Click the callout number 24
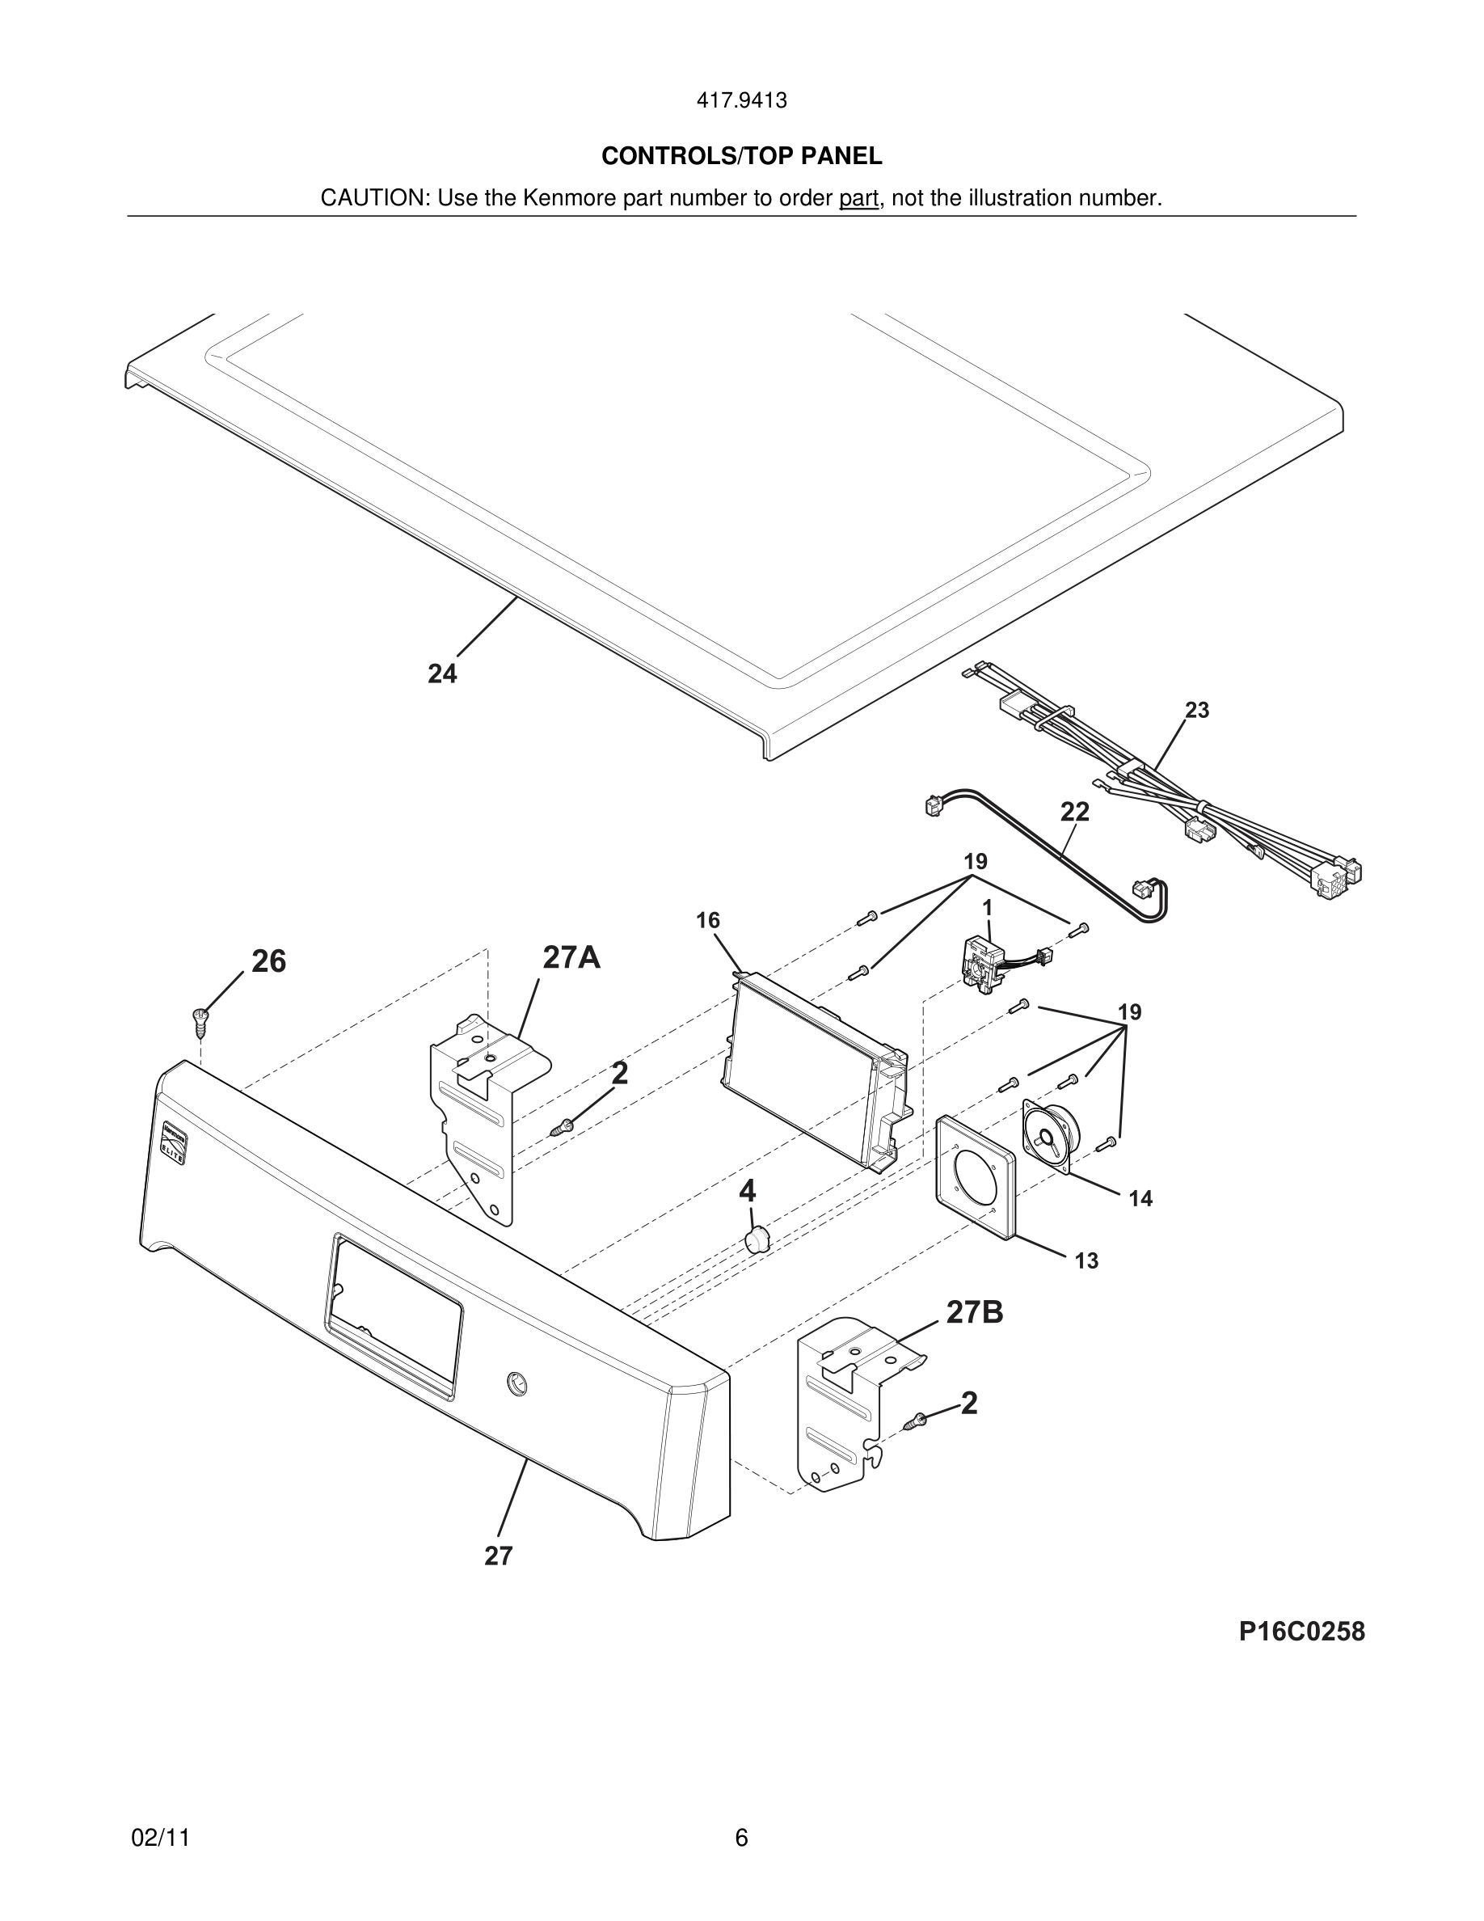tap(442, 673)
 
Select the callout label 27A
tap(571, 957)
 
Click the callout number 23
tap(1196, 710)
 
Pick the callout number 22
tap(1074, 812)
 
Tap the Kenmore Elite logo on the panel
tap(172, 1142)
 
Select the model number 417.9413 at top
tap(741, 101)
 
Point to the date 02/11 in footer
tap(160, 1839)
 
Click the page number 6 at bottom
tap(741, 1839)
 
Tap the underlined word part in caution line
tap(858, 199)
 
